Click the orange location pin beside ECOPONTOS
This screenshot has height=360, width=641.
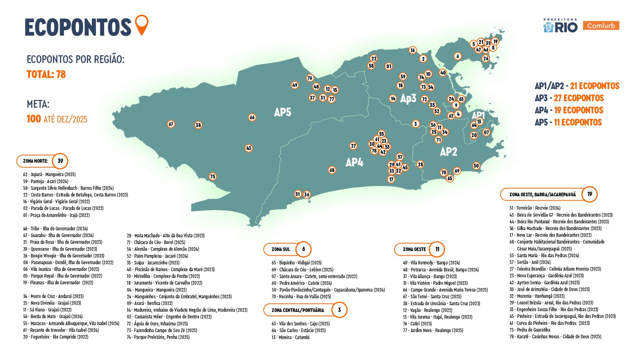click(142, 24)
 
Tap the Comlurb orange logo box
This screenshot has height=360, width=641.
click(601, 26)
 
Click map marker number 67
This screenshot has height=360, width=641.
click(171, 124)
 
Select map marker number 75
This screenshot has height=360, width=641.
click(213, 176)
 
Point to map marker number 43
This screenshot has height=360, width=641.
click(249, 148)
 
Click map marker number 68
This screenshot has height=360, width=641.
click(332, 170)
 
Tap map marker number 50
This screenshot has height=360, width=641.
click(476, 166)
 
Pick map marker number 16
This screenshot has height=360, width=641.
click(413, 50)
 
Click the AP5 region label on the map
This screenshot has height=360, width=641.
click(282, 112)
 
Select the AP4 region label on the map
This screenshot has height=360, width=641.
click(354, 162)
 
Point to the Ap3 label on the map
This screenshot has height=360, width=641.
click(408, 99)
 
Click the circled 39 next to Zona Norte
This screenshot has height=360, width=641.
click(60, 161)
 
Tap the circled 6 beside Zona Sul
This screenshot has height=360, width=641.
click(303, 249)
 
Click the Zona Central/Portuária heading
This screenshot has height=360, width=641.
click(298, 310)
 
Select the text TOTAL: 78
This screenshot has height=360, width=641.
click(46, 74)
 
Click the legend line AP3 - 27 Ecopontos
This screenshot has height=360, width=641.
click(569, 98)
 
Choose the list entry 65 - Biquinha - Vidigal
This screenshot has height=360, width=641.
click(296, 263)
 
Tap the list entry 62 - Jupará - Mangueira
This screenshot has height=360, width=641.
click(49, 174)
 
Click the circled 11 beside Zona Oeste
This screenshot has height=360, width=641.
click(437, 249)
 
